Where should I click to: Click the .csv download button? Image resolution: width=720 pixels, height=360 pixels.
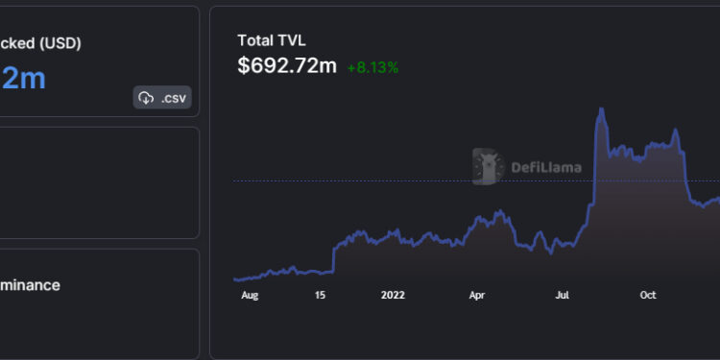point(162,97)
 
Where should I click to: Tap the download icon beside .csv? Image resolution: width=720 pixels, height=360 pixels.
point(146,97)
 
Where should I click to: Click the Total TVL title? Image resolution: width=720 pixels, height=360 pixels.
point(273,40)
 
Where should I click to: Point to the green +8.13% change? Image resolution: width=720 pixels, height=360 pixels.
point(372,67)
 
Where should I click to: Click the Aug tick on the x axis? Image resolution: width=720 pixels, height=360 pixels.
point(251,296)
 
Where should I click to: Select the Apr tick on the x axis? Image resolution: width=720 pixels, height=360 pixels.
point(477,296)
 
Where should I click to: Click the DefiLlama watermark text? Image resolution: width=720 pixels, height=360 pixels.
point(545,167)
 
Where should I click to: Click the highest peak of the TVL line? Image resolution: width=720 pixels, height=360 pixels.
point(601,109)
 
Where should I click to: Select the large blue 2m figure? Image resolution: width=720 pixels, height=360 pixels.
point(23,79)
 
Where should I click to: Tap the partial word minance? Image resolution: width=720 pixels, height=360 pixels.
point(30,285)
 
